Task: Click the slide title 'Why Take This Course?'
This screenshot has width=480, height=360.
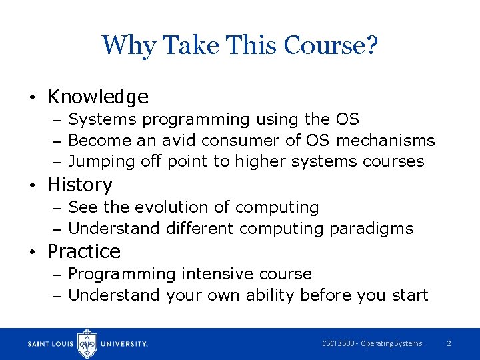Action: (240, 46)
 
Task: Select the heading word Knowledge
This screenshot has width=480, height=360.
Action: (97, 97)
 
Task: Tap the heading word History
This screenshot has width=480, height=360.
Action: (79, 185)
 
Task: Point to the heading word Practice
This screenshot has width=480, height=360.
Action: (83, 251)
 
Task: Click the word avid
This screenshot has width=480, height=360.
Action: (179, 141)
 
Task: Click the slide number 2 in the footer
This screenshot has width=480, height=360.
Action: (449, 343)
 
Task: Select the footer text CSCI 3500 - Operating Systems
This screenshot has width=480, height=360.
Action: (372, 343)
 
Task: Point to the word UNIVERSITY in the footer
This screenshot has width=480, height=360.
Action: (123, 344)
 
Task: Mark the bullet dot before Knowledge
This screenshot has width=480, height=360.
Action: (32, 99)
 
